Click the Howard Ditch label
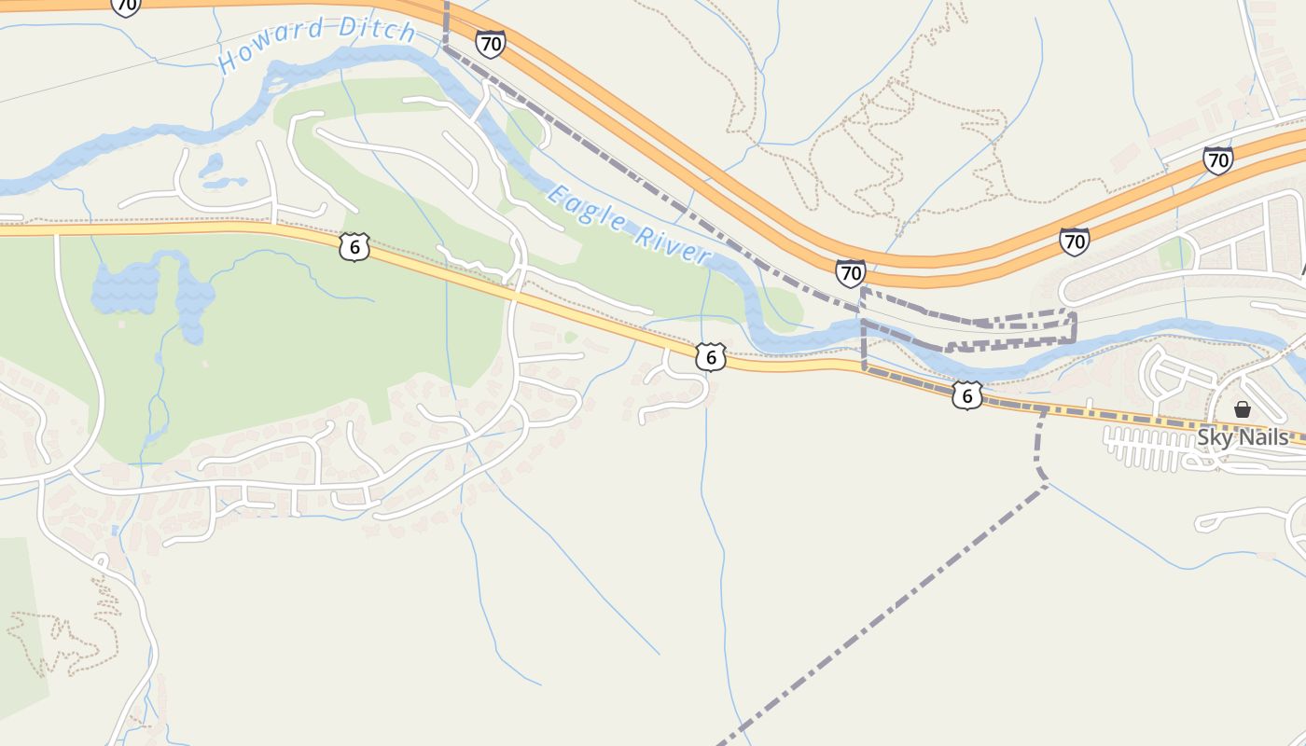[317, 42]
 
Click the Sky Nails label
[1243, 437]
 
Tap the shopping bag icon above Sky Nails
[1242, 408]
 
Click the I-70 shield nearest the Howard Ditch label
[490, 43]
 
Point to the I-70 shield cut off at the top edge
[125, 7]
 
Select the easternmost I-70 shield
[1217, 159]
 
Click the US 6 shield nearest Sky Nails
[966, 396]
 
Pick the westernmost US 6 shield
[354, 247]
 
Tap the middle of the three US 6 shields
[710, 356]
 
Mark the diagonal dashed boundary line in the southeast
[886, 611]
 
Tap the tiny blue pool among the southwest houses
[115, 530]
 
